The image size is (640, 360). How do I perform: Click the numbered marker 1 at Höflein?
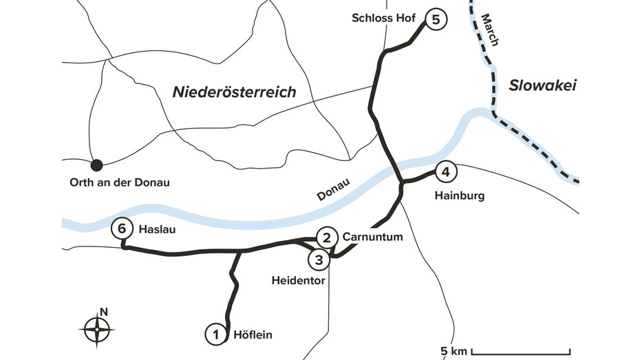pos(216,335)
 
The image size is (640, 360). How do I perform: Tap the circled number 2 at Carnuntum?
pos(327,237)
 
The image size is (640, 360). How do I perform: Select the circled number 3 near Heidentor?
pos(319,260)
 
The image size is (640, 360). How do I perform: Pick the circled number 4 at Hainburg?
pos(445,172)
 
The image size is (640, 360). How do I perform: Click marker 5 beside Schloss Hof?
pos(435,19)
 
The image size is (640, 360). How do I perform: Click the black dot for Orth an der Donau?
pos(97,165)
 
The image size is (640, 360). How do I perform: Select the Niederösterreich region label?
pos(234,92)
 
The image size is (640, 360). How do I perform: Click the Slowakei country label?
pos(542,85)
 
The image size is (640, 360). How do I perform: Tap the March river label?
pos(489,30)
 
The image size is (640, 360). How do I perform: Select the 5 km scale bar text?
pos(454,352)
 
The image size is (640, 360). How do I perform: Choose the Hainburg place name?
pos(459,195)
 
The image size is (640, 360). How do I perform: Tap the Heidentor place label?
pos(298,281)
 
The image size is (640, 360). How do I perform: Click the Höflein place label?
pos(253,335)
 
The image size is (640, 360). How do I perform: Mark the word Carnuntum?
pos(372,237)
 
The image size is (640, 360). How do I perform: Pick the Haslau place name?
pos(155,229)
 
